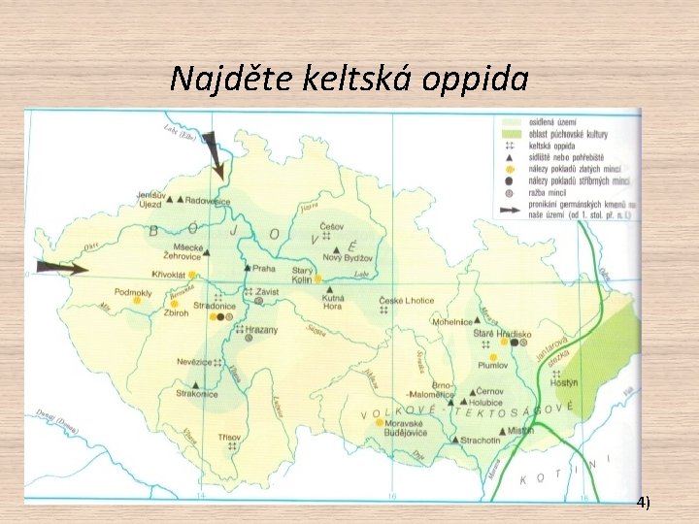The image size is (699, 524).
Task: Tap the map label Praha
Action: click(x=264, y=269)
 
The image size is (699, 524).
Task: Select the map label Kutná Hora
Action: click(x=332, y=302)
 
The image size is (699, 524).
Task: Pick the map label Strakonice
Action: click(x=198, y=394)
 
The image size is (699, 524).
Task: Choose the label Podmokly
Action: click(x=134, y=292)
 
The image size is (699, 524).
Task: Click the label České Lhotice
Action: click(x=407, y=302)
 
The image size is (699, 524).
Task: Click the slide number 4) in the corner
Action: click(x=645, y=502)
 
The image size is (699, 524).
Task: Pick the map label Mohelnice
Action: click(x=452, y=321)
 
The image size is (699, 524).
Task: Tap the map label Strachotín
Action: click(x=482, y=440)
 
